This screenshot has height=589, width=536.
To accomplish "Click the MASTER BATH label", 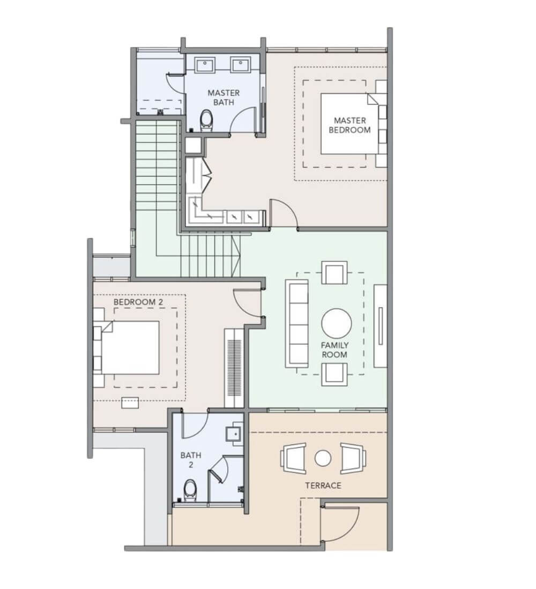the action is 224,97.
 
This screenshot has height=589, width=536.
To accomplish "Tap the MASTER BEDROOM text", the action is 349,125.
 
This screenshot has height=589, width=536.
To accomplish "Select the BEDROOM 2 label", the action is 135,302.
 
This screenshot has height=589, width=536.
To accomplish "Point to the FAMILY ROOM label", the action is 334,350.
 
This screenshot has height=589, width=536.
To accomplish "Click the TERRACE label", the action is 323,485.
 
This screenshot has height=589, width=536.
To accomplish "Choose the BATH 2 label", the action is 191,460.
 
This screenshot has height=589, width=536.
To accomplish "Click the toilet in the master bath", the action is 206,120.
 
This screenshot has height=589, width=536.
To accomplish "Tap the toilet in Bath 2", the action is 190,490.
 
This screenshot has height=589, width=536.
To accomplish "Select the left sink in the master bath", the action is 204,64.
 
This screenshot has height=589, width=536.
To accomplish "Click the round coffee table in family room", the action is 337,323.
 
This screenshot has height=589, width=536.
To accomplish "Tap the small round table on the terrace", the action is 323,458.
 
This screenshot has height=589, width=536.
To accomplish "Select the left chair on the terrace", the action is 293,458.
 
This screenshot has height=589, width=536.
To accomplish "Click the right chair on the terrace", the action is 353,458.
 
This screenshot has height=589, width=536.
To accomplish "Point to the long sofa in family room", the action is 297,323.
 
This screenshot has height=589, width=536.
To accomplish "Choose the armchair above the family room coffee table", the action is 334,273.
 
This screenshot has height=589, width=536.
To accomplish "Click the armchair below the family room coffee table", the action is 334,374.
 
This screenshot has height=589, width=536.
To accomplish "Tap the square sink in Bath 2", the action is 234,434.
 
